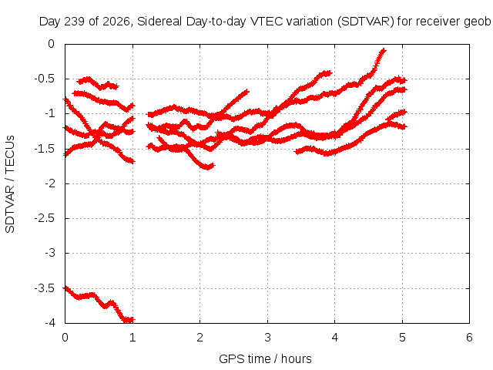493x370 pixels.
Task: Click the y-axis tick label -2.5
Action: [x=45, y=218]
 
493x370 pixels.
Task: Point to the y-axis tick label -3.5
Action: [x=45, y=288]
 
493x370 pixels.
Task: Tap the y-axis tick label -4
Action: [x=49, y=323]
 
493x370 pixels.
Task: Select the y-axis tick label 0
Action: [x=52, y=44]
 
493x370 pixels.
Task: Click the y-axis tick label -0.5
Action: [x=45, y=79]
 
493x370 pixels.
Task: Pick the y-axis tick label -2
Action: [x=49, y=183]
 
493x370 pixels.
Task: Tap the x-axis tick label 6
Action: [x=469, y=338]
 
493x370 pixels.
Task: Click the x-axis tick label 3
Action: [x=267, y=338]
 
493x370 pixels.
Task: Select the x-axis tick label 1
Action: [x=132, y=338]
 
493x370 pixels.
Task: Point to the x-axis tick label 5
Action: [x=402, y=338]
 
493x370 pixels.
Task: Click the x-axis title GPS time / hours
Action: [x=265, y=358]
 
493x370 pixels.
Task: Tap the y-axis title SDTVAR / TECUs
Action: [x=10, y=184]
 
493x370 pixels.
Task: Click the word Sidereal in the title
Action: [x=159, y=22]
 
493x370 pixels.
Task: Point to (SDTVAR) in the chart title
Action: [x=365, y=22]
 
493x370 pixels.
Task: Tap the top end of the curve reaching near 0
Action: [x=384, y=49]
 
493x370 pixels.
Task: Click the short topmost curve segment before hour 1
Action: [x=98, y=83]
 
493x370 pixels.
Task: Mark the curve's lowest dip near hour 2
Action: [x=207, y=167]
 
